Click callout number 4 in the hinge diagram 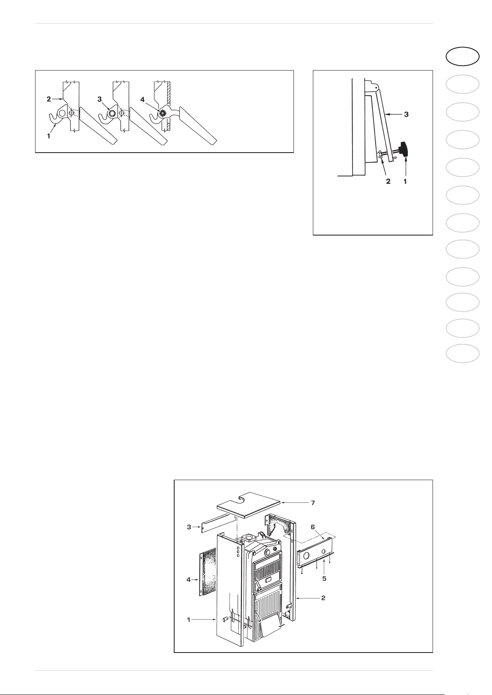click(142, 99)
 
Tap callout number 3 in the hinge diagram click(99, 99)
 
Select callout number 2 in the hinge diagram click(49, 99)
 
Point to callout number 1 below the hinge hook click(48, 136)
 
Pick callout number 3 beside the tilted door click(406, 115)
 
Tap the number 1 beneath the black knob click(405, 181)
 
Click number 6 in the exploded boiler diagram click(313, 527)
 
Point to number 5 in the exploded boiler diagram click(324, 578)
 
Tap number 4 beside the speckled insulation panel click(188, 579)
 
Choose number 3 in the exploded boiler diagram click(189, 527)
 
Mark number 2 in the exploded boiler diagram click(324, 598)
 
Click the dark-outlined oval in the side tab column click(463, 57)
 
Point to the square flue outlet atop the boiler click(249, 537)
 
